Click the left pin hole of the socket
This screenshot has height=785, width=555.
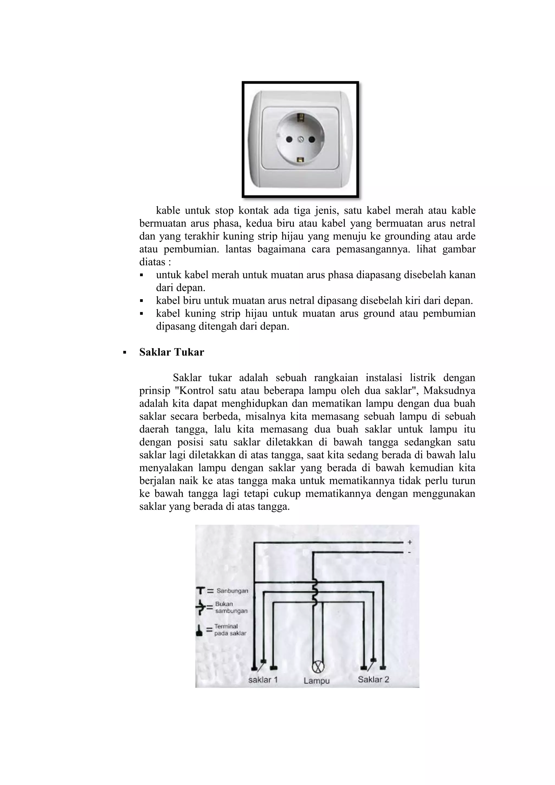[x=289, y=139]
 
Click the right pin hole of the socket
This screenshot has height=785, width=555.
[x=312, y=139]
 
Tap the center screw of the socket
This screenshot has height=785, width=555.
[x=301, y=139]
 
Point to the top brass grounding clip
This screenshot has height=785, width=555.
[x=301, y=118]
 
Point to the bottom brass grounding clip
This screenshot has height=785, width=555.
[x=301, y=160]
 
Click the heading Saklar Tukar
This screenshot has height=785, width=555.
[x=171, y=352]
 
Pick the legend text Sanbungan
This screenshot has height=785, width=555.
[x=232, y=591]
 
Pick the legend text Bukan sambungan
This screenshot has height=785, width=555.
[x=231, y=608]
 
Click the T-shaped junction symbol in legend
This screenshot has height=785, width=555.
[x=201, y=590]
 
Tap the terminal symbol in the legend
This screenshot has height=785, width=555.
[x=199, y=630]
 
